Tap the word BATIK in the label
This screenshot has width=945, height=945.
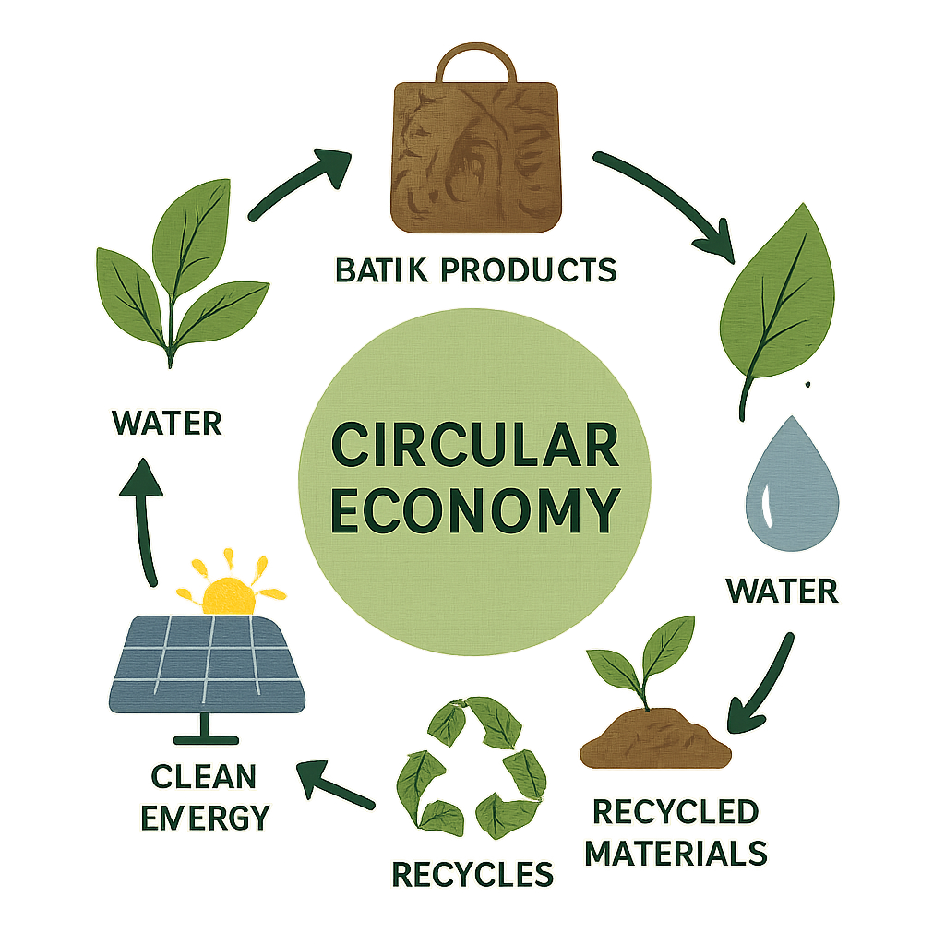381,270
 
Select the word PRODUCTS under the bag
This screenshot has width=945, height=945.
529,270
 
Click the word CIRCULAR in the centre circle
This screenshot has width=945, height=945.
475,445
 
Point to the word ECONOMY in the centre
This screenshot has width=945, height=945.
475,509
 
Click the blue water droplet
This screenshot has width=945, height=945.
792,484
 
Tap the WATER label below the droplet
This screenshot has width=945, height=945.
783,591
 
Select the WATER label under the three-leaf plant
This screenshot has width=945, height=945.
167,423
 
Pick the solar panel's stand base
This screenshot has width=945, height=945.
206,739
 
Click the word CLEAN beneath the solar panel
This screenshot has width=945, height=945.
204,777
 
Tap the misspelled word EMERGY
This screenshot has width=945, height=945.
205,818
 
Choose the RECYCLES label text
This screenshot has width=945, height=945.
472,874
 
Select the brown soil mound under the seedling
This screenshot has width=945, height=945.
656,739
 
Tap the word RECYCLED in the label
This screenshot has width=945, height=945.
676,812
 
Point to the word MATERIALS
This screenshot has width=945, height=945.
676,854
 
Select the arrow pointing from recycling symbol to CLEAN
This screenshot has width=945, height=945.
335,784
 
